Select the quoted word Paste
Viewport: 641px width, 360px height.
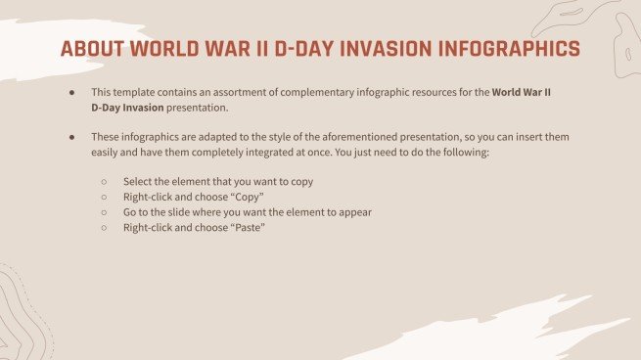[245, 227]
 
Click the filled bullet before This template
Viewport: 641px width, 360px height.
[71, 91]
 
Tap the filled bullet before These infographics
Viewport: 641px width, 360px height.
[71, 138]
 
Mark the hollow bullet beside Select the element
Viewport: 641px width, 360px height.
[104, 182]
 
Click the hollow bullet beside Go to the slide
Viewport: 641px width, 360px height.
[104, 212]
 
